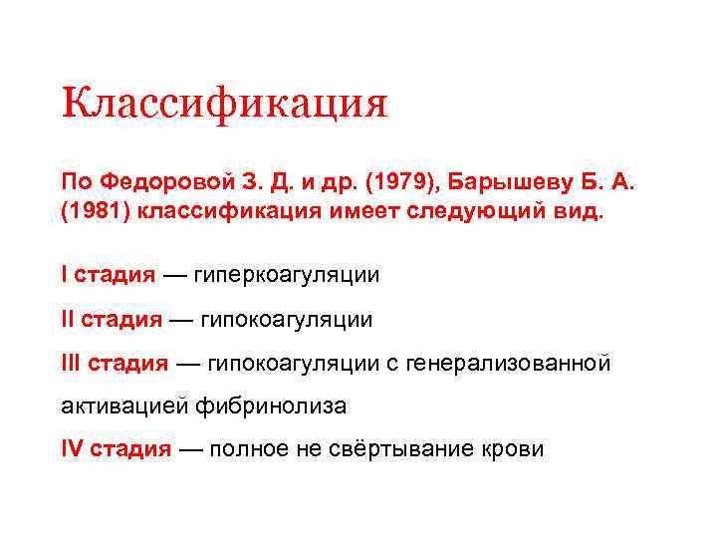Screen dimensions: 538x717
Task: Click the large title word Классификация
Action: point(224,104)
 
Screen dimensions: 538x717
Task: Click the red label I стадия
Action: point(109,274)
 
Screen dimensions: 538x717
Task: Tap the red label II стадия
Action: point(112,319)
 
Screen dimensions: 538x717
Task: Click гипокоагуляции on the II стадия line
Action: point(287,319)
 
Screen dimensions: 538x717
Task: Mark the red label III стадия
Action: point(116,364)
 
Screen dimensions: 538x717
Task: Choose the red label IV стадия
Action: point(117,449)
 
